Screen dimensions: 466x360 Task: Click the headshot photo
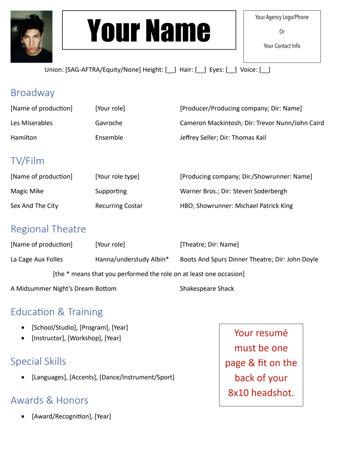point(31,36)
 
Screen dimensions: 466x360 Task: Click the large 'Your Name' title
point(149,30)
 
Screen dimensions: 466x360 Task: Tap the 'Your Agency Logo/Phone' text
point(282,17)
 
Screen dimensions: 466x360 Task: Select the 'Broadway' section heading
point(32,93)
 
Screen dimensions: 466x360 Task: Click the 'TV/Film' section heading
point(27,161)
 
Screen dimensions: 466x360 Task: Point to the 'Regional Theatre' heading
point(48,229)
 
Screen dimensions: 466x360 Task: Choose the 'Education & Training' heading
point(57,312)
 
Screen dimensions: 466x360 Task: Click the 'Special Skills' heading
point(38,361)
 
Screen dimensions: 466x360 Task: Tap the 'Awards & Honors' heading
point(49,400)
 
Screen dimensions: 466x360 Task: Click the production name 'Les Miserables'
point(31,123)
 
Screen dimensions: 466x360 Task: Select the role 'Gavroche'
point(108,123)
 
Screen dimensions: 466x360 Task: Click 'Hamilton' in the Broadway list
point(24,138)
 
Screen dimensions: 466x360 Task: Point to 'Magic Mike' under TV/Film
point(27,191)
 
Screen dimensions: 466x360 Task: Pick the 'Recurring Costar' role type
point(119,206)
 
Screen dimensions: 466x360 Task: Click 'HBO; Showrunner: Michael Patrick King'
point(236,206)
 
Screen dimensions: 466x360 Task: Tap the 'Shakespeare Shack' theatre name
point(207,289)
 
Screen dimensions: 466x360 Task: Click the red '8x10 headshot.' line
point(261,393)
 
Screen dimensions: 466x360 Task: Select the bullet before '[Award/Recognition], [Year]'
point(23,417)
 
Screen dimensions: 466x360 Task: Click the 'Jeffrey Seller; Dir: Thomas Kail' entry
point(223,138)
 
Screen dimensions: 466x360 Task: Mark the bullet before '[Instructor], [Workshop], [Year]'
point(23,338)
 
